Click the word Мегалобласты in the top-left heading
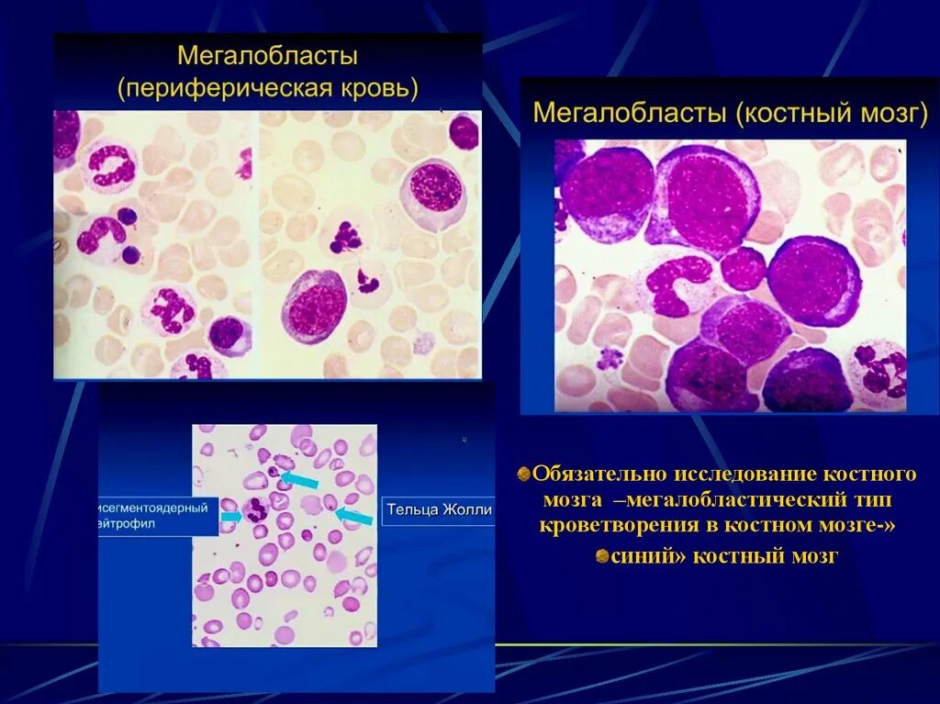point(267,56)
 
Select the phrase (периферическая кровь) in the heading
point(267,89)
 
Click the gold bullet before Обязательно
point(524,474)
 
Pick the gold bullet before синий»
point(601,555)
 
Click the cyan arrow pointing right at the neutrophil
point(230,517)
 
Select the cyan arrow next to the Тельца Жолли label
point(355,516)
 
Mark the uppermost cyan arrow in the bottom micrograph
point(300,479)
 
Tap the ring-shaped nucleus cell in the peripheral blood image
point(110,168)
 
